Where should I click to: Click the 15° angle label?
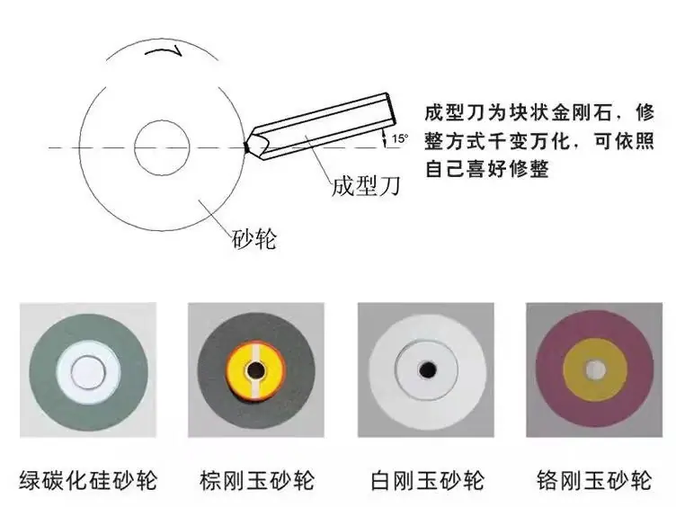[400, 138]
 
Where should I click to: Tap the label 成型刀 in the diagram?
[366, 186]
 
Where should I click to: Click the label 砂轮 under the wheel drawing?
[253, 238]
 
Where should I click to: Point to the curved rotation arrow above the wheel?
[164, 50]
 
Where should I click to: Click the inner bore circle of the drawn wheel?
[162, 120]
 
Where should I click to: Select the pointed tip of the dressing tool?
[246, 147]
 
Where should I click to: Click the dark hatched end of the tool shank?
[391, 111]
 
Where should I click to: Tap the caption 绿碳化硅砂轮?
[88, 480]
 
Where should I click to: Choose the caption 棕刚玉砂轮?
[257, 480]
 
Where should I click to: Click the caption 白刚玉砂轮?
[427, 480]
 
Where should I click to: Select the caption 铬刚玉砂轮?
[594, 480]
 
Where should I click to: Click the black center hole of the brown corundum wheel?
[255, 369]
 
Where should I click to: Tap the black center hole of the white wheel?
[428, 369]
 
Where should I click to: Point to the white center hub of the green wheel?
[89, 372]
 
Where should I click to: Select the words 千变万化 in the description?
[529, 140]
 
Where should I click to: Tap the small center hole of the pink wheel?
[595, 369]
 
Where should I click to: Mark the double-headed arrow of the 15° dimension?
[384, 138]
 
